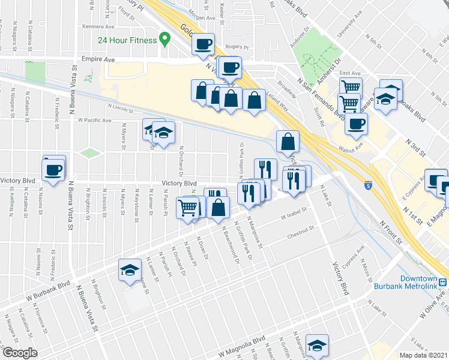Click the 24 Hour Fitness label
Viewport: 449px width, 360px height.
coord(127,41)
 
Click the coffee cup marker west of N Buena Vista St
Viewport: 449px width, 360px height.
coord(54,169)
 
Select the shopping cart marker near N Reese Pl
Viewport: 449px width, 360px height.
coord(188,207)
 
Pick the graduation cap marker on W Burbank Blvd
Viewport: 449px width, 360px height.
coord(129,271)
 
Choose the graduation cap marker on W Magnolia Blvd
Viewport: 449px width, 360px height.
coord(316,345)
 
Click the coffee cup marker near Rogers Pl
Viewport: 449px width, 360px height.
coord(203,44)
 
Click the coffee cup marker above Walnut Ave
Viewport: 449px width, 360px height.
coord(357,124)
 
